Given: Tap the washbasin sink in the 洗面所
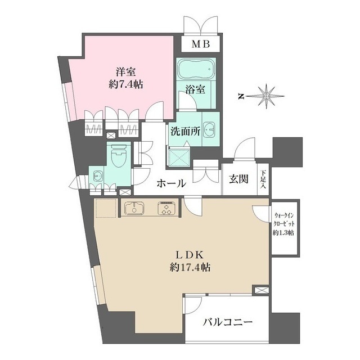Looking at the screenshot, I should point(210,129).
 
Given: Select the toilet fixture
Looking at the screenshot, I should point(118,155).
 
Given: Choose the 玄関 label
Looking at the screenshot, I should point(239,180).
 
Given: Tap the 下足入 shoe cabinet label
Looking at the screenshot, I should point(263,180).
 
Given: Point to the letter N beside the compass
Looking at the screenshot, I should point(240,96).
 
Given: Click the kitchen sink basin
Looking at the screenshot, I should point(134,208).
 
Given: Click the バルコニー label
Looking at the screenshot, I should point(227,322).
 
